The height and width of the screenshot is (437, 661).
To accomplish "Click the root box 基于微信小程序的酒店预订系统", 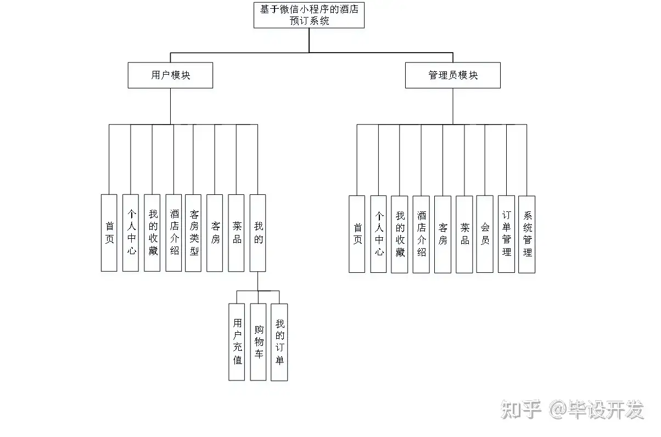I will pyautogui.click(x=309, y=15).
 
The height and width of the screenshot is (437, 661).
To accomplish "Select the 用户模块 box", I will pyautogui.click(x=170, y=75).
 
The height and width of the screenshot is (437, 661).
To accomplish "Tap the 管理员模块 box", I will pyautogui.click(x=452, y=75).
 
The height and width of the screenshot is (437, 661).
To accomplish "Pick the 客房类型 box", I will pyautogui.click(x=193, y=233).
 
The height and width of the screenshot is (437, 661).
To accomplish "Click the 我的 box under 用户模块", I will pyautogui.click(x=257, y=233).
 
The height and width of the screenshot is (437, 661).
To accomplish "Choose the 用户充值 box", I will pyautogui.click(x=237, y=341).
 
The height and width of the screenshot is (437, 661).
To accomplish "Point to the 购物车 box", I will pyautogui.click(x=258, y=341).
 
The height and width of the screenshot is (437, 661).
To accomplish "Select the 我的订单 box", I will pyautogui.click(x=279, y=341).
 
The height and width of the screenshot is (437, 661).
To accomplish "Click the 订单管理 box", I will pyautogui.click(x=506, y=234).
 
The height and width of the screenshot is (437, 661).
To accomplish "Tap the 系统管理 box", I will pyautogui.click(x=527, y=234).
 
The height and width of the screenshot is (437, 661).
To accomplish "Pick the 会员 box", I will pyautogui.click(x=485, y=234).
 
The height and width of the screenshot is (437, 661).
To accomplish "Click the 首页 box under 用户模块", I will pyautogui.click(x=109, y=233).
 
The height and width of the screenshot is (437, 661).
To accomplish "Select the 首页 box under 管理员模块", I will pyautogui.click(x=357, y=234).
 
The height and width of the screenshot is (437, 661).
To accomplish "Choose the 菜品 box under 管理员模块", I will pyautogui.click(x=464, y=234).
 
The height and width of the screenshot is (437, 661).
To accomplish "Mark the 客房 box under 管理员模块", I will pyautogui.click(x=442, y=234).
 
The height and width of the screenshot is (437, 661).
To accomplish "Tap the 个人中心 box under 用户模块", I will pyautogui.click(x=131, y=233).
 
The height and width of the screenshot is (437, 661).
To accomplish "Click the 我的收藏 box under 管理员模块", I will pyautogui.click(x=400, y=234).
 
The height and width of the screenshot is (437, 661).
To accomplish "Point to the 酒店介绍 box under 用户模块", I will pyautogui.click(x=174, y=233).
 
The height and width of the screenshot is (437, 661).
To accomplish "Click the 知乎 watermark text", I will pyautogui.click(x=521, y=410).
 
